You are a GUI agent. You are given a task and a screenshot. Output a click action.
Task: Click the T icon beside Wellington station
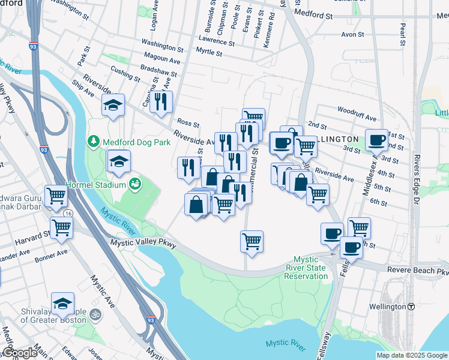pos(411,307)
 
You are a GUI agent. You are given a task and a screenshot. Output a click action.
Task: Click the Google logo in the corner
pos(19,353)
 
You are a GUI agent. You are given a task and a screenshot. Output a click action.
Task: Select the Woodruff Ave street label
pos(357,110)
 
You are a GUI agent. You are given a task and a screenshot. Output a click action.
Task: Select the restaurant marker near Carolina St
pos(161,102)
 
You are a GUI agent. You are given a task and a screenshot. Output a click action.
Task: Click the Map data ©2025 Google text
pos(412,355)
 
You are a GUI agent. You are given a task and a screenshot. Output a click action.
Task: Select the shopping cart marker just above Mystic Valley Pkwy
pos(252,242)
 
